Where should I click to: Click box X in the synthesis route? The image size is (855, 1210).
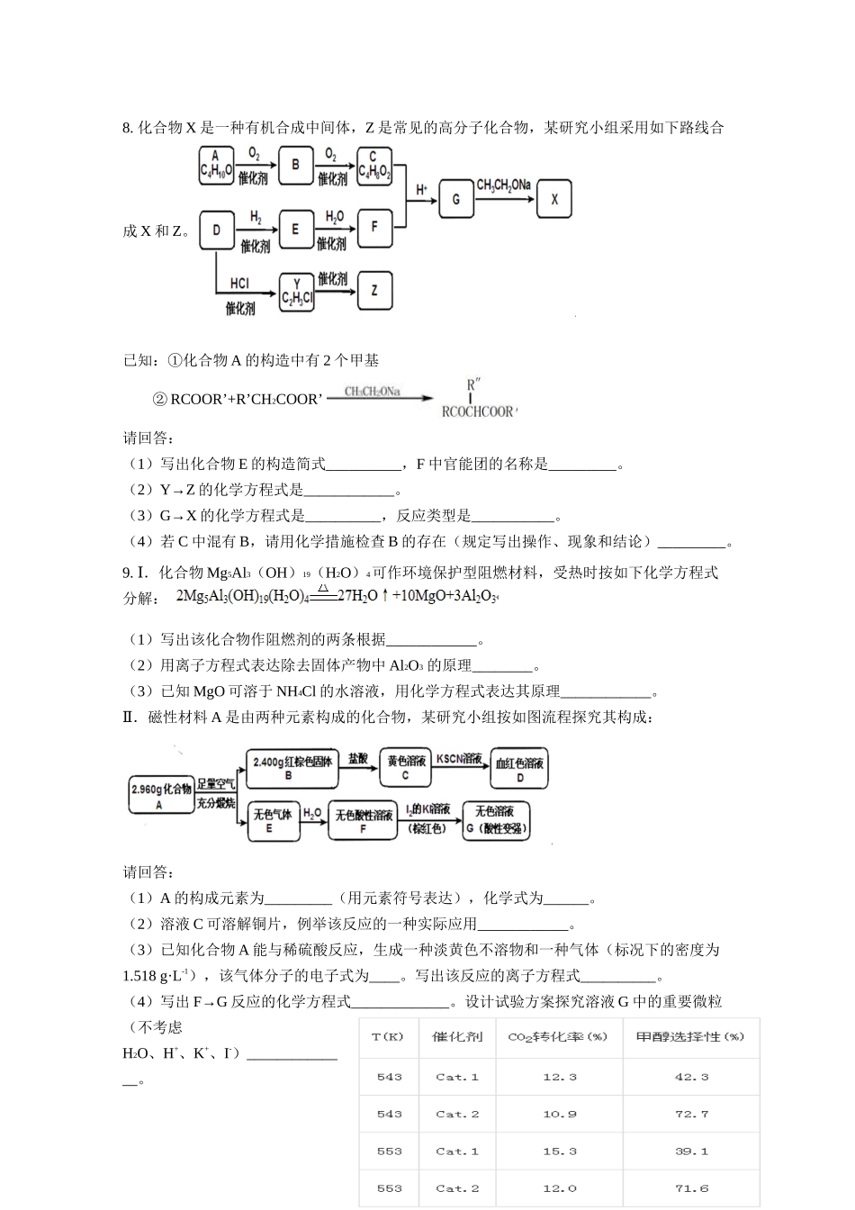click(x=554, y=199)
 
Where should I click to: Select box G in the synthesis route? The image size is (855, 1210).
click(x=456, y=199)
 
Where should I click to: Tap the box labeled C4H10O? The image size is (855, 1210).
click(x=216, y=165)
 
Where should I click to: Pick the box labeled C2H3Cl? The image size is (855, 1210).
click(x=296, y=292)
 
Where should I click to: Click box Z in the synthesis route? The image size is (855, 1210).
click(x=374, y=291)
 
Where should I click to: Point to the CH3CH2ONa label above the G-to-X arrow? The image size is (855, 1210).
click(x=503, y=185)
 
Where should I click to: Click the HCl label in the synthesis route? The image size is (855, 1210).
click(x=239, y=284)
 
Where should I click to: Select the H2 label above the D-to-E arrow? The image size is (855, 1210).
click(x=256, y=217)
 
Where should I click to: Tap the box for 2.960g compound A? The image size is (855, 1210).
click(x=160, y=795)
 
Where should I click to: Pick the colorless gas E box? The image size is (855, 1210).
click(x=273, y=820)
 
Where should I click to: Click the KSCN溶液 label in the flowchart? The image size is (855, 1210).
click(x=459, y=759)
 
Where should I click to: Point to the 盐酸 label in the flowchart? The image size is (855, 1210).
click(x=357, y=759)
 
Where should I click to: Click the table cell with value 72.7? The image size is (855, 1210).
click(x=691, y=1115)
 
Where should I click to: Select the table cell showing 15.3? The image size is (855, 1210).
click(x=560, y=1151)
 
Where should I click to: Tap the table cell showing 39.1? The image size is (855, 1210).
click(x=691, y=1151)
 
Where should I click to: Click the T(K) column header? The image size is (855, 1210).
click(x=389, y=1037)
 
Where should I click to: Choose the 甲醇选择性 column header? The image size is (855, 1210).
click(x=691, y=1037)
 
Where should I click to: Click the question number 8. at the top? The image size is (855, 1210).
click(x=128, y=128)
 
